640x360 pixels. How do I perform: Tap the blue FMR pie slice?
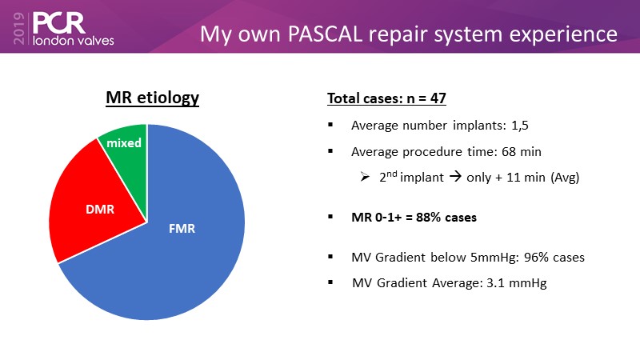tap(171, 245)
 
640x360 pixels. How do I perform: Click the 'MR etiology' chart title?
tap(152, 98)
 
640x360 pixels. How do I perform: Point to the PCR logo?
tap(59, 23)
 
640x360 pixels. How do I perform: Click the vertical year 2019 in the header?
tap(19, 28)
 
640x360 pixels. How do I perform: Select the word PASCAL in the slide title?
tap(325, 34)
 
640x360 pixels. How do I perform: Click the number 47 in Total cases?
tap(438, 98)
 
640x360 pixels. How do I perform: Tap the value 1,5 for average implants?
tap(519, 126)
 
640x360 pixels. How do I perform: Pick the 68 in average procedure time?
tap(509, 152)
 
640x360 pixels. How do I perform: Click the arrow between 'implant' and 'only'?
tap(455, 177)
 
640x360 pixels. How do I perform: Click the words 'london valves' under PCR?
tap(74, 41)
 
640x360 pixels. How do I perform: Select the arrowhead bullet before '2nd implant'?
tap(365, 177)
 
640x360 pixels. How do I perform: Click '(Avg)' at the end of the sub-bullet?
tap(565, 178)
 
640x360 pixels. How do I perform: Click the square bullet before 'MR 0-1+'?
tap(330, 217)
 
